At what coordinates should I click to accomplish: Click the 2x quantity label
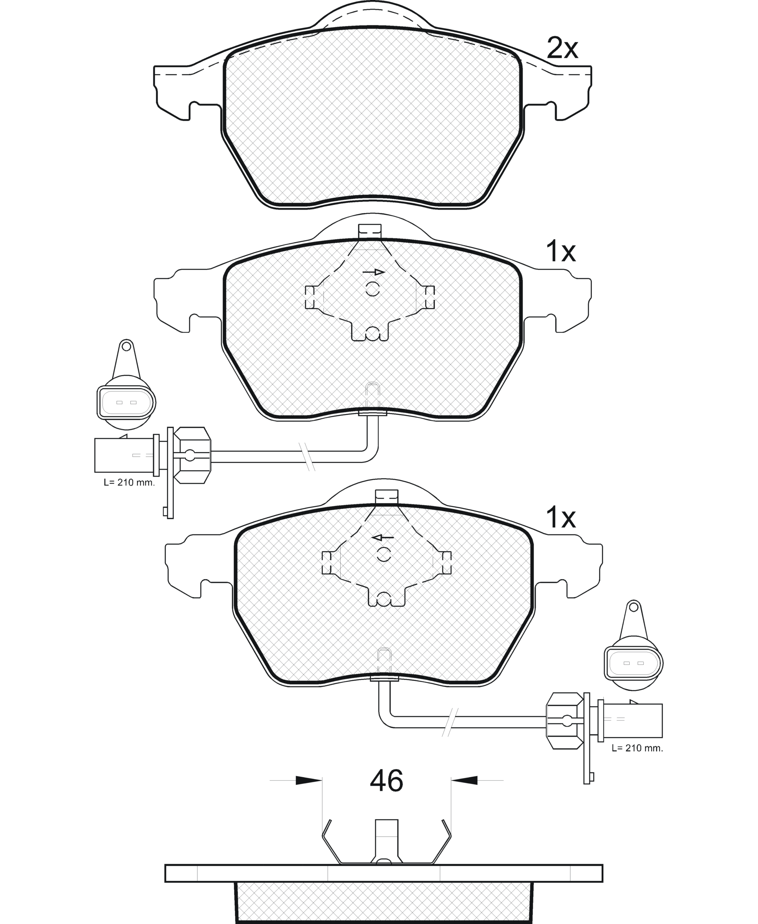pyautogui.click(x=563, y=49)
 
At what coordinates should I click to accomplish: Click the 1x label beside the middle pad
pyautogui.click(x=561, y=252)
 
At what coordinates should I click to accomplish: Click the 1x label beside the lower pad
pyautogui.click(x=561, y=518)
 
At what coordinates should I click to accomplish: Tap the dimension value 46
pyautogui.click(x=387, y=781)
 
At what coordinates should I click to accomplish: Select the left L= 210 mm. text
pyautogui.click(x=129, y=483)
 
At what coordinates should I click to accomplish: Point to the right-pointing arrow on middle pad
pyautogui.click(x=374, y=272)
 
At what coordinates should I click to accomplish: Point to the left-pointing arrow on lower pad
pyautogui.click(x=383, y=537)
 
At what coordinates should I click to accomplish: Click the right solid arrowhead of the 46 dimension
pyautogui.click(x=464, y=780)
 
